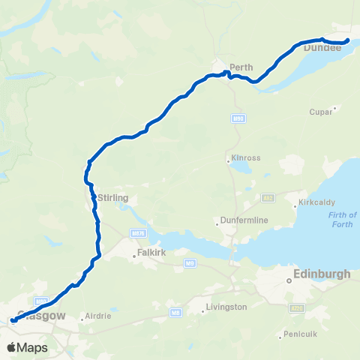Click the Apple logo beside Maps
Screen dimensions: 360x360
(11, 347)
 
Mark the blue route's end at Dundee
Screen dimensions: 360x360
(348, 40)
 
